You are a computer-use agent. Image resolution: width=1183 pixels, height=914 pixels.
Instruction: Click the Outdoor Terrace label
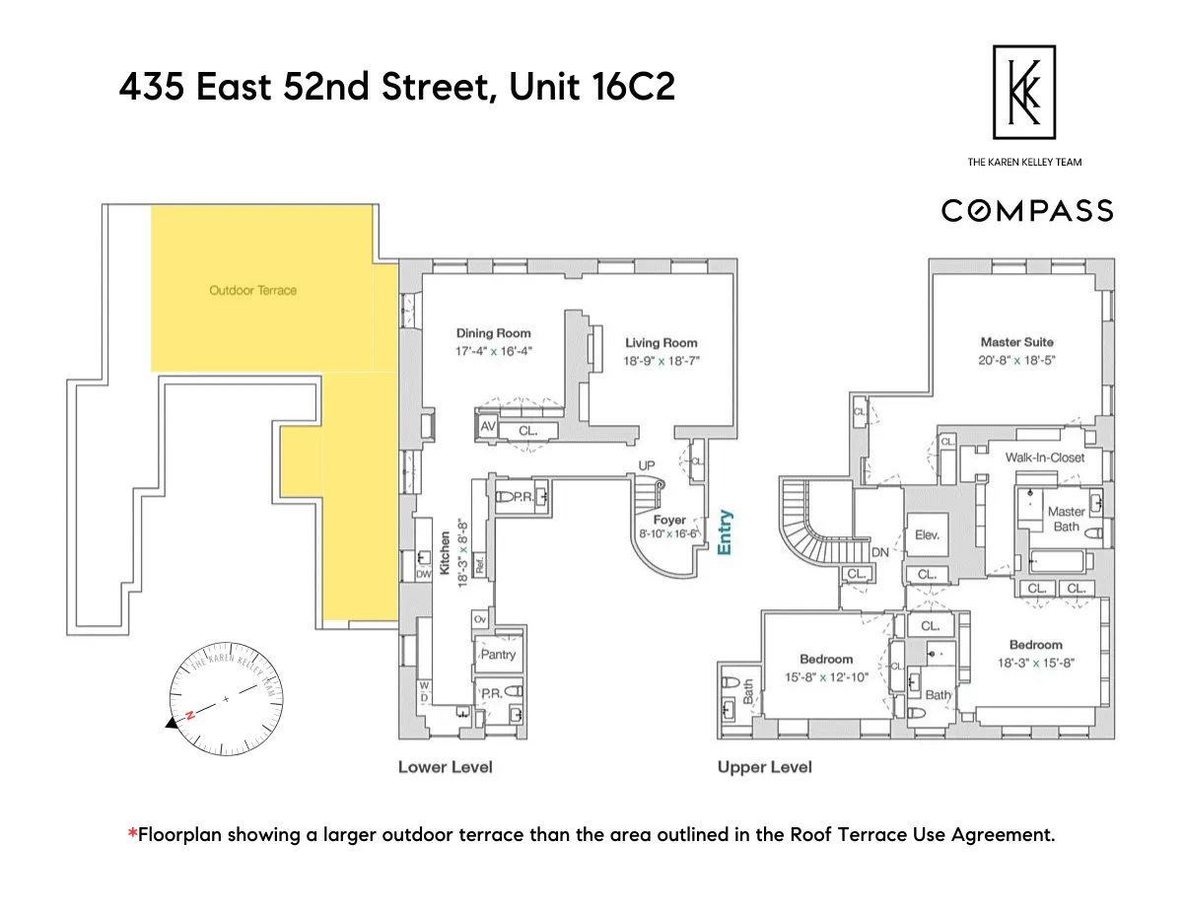click(x=252, y=290)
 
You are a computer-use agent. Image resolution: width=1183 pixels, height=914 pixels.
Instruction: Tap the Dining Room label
click(x=493, y=333)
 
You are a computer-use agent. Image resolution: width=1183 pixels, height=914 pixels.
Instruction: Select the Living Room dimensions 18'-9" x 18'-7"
click(x=661, y=361)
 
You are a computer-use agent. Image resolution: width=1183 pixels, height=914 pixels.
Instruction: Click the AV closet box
click(x=487, y=427)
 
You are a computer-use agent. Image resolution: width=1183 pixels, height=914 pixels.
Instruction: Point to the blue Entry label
click(x=726, y=532)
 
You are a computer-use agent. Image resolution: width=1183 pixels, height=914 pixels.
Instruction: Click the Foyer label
click(x=669, y=520)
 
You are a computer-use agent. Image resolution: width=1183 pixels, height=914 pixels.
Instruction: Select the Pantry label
click(x=498, y=654)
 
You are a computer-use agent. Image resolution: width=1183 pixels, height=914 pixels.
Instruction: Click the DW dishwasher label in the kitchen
click(x=424, y=574)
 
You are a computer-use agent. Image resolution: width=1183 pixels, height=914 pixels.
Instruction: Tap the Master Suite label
click(x=1016, y=342)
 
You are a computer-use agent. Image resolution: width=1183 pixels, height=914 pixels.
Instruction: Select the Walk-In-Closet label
click(x=1044, y=457)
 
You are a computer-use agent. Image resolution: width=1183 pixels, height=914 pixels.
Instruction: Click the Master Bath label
click(x=1066, y=519)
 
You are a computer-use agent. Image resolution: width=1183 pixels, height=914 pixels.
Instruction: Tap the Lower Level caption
click(x=445, y=766)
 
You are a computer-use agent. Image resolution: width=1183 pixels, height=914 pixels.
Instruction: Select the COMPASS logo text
click(x=1026, y=210)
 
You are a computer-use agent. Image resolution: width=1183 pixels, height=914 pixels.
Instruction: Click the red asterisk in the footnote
click(x=132, y=835)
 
